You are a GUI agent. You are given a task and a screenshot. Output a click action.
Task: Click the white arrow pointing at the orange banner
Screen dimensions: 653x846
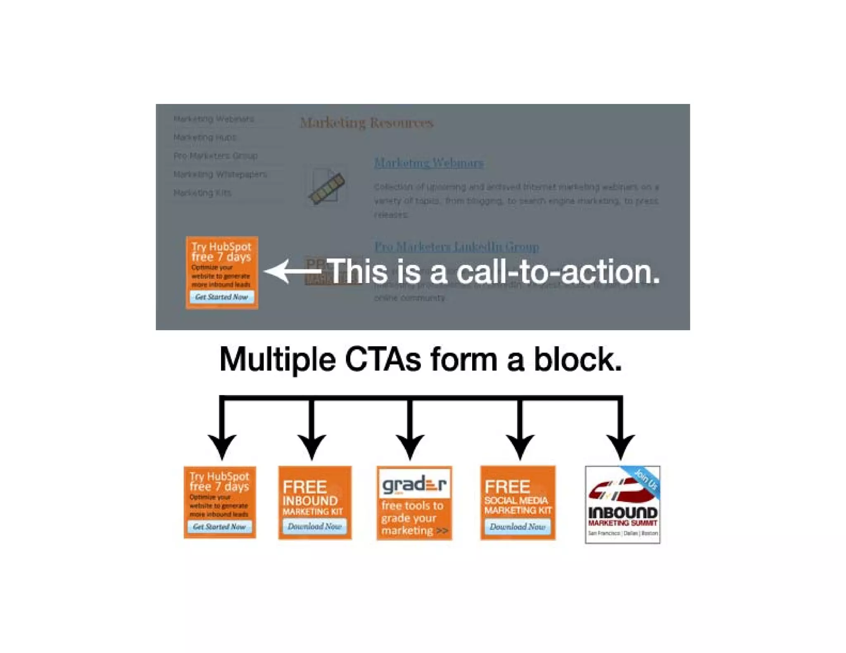click(291, 271)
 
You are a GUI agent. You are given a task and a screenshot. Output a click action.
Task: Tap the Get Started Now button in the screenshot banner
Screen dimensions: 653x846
click(222, 297)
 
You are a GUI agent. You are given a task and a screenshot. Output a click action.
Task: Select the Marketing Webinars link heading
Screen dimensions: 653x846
click(428, 163)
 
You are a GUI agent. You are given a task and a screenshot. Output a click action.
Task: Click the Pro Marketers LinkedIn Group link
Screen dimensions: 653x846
click(456, 247)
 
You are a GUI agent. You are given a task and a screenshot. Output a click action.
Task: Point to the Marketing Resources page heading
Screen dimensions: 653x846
click(366, 123)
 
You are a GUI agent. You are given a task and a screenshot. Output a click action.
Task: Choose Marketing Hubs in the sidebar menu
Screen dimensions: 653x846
click(205, 137)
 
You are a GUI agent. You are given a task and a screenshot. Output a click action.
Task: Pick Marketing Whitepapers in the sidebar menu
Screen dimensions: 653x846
click(220, 174)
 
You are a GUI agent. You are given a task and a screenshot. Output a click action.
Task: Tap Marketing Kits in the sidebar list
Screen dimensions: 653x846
click(202, 193)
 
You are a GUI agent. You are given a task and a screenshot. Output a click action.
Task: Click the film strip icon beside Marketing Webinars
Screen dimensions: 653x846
click(326, 188)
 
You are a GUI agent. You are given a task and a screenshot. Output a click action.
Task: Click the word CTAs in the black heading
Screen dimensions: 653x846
click(383, 360)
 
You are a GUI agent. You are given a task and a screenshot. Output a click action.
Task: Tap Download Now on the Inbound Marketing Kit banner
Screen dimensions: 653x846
click(315, 526)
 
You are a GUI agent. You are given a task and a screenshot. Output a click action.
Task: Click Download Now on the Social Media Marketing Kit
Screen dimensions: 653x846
click(518, 527)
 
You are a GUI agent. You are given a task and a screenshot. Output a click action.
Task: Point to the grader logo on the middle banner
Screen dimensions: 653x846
click(414, 484)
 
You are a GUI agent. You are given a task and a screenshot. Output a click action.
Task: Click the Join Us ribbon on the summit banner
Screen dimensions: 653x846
click(645, 479)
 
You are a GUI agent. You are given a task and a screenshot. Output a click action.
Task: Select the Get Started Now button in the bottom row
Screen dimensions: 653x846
click(219, 527)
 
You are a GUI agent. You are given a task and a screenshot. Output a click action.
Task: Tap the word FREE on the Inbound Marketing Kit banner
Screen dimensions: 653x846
click(305, 487)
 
